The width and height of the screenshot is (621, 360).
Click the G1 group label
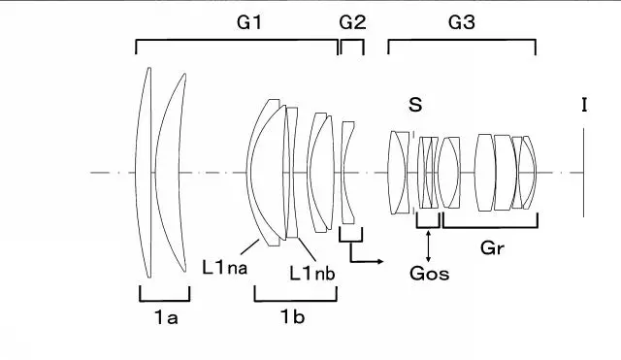coord(249,22)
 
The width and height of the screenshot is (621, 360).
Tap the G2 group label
coord(352,22)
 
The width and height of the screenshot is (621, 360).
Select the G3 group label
coord(462,22)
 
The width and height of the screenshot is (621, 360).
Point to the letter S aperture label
coord(415,105)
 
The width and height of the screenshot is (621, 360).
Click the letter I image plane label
coord(584,105)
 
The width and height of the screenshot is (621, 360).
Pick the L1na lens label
coord(224,267)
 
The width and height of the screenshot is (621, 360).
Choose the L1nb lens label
coord(312,274)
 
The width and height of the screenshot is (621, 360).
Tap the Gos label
coord(429,274)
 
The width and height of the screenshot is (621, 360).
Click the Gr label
coord(492,248)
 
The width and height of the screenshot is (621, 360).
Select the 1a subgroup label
coord(166,317)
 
